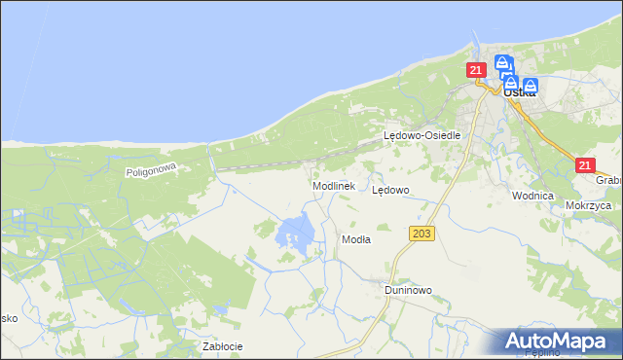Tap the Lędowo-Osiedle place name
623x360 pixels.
click(421, 136)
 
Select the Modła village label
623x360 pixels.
click(355, 238)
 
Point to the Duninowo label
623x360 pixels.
click(407, 290)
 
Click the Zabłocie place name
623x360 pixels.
click(222, 345)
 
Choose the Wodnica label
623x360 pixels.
click(532, 195)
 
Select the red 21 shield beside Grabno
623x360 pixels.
click(584, 166)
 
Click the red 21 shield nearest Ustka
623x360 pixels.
click(475, 70)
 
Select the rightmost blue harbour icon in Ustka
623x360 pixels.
click(531, 85)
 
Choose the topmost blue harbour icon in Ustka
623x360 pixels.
click(502, 64)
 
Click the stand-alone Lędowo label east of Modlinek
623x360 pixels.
click(391, 191)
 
